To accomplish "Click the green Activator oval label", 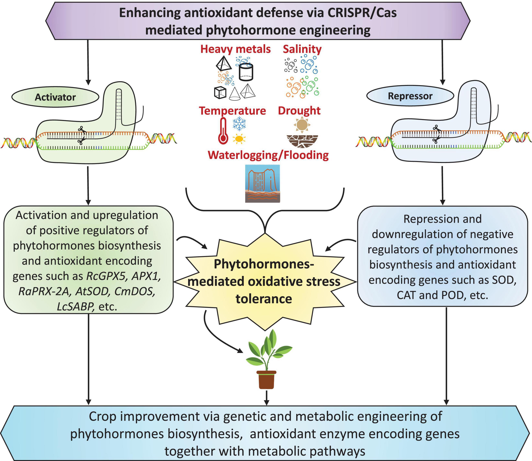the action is click(55, 97).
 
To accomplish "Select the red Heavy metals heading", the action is click(236, 49).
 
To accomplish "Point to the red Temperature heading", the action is click(233, 111).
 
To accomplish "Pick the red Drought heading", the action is click(299, 111).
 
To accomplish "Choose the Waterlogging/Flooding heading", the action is click(268, 155).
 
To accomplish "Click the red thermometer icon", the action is click(223, 131).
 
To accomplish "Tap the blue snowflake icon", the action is click(239, 123).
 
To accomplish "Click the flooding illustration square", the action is click(263, 183).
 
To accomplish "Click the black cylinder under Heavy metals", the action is click(246, 72).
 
